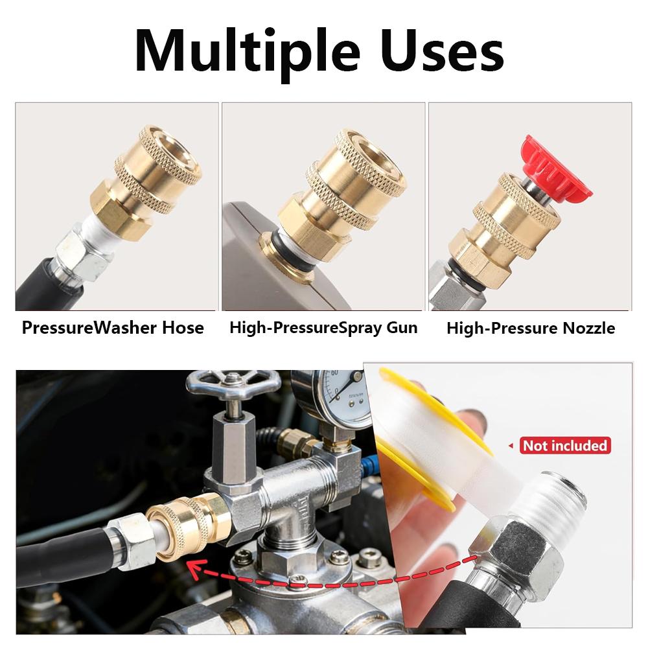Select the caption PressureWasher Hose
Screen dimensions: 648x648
(x=113, y=328)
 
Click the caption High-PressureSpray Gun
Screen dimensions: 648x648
(x=323, y=328)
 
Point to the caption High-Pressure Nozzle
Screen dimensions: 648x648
(x=531, y=329)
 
